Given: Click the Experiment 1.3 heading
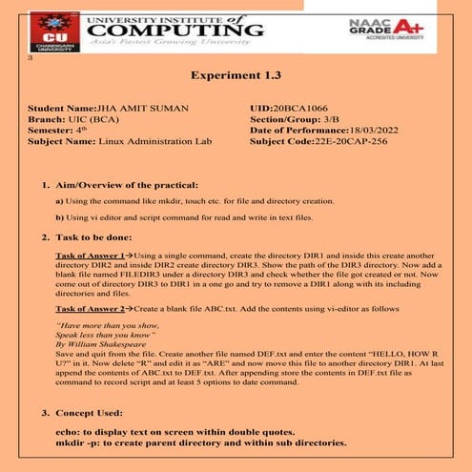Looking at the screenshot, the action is (236, 76).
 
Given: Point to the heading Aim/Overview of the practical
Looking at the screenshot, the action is (125, 184).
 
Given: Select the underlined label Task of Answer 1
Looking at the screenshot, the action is (90, 257).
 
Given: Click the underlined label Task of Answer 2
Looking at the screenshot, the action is (90, 309).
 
